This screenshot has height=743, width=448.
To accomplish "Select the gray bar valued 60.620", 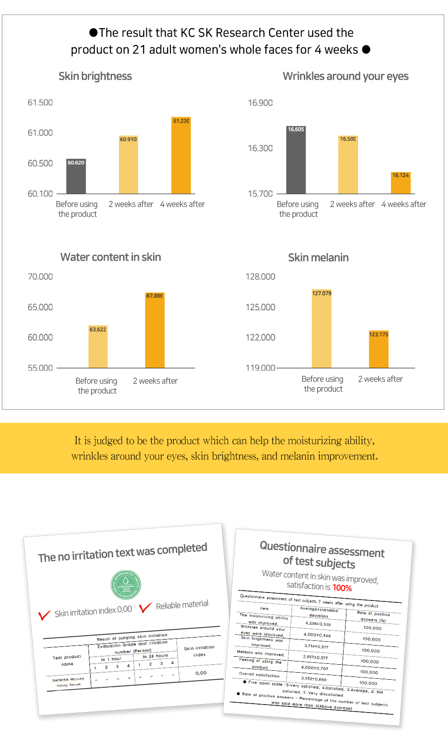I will tap(76, 177).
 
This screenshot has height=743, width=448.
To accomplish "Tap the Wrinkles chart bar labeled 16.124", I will tap(401, 183).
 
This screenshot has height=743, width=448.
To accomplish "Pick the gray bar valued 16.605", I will tap(296, 160).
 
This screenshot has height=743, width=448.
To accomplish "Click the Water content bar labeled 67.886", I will tap(154, 330).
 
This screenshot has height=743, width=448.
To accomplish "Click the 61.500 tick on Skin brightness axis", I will tap(40, 103).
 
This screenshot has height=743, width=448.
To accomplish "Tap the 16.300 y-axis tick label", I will tap(260, 148).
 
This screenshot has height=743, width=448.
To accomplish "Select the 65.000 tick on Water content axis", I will tap(40, 307).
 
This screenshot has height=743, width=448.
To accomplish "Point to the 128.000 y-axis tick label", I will tap(260, 277).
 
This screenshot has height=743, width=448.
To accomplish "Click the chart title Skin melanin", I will tap(318, 257).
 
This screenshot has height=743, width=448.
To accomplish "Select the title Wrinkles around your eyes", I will tap(345, 76).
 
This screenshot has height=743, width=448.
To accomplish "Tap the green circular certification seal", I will tap(126, 585).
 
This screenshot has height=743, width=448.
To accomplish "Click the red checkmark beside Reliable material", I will tap(145, 608).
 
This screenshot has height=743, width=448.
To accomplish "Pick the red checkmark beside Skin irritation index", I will tap(44, 615).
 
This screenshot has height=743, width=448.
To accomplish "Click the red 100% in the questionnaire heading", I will tap(342, 588).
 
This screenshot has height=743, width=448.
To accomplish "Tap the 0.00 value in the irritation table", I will tap(201, 673).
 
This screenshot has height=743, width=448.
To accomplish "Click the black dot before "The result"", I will tap(94, 32).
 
